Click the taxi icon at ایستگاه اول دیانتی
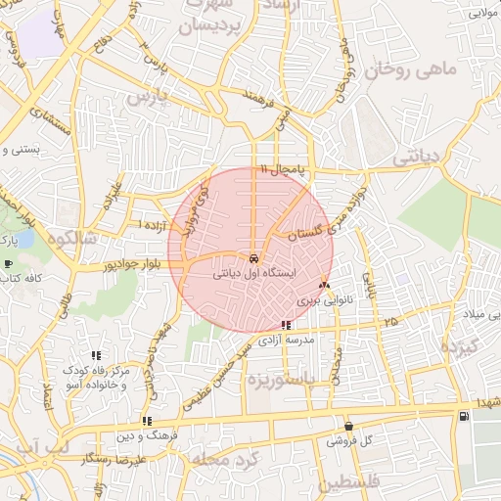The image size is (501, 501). (x=254, y=258)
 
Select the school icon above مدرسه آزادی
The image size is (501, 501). (x=285, y=325)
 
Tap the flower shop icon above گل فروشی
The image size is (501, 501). (x=349, y=426)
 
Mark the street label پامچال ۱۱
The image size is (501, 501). (x=283, y=170)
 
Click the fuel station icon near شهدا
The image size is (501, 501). (x=462, y=418)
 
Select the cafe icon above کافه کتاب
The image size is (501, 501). (x=9, y=264)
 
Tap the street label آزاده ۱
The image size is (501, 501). (x=153, y=226)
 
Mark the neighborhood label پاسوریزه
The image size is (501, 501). (x=283, y=378)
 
